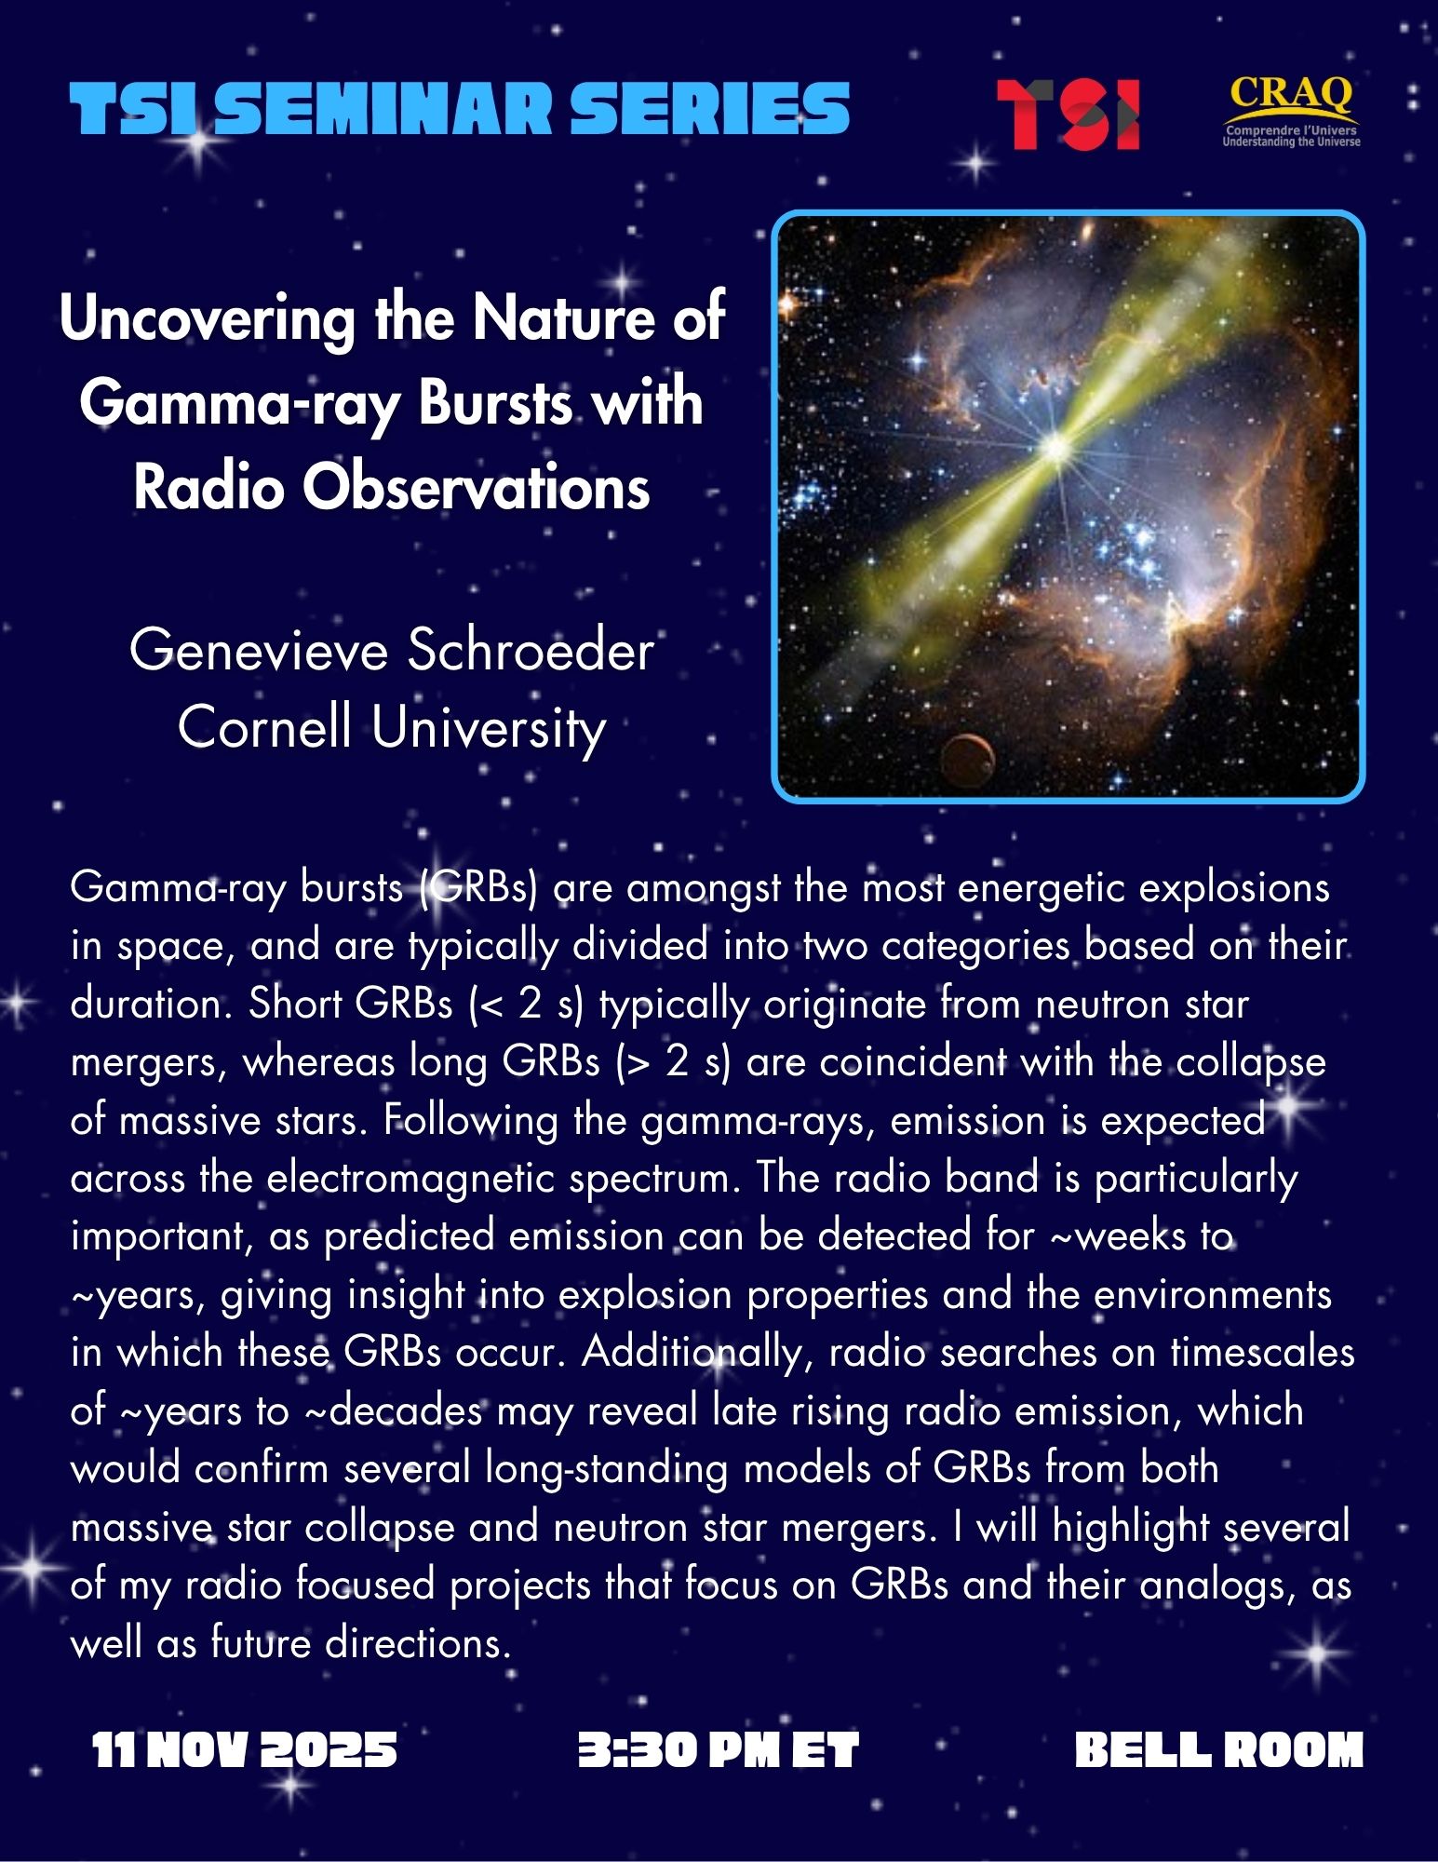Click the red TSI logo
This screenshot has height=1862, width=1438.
click(x=1068, y=115)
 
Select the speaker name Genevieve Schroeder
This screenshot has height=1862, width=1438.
click(x=392, y=650)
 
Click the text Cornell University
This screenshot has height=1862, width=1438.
click(x=392, y=727)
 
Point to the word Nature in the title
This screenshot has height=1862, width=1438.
click(x=571, y=317)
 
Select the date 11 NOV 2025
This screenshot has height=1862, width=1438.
click(x=245, y=1750)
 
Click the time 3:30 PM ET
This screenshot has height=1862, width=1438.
click(x=718, y=1750)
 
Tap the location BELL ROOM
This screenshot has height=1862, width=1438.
click(x=1218, y=1750)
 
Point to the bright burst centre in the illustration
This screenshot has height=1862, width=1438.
click(x=1056, y=448)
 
